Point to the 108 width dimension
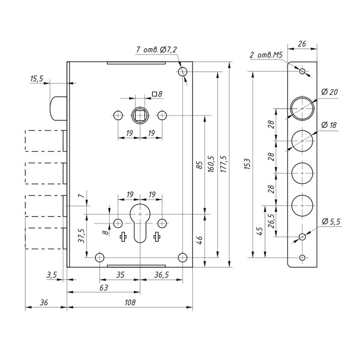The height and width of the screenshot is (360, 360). pyautogui.click(x=129, y=303)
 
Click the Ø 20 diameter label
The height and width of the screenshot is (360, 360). pyautogui.click(x=329, y=92)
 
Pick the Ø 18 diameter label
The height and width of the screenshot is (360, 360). pyautogui.click(x=329, y=125)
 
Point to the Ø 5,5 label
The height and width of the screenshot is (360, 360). pyautogui.click(x=331, y=220)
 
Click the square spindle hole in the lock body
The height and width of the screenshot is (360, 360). pyautogui.click(x=140, y=115)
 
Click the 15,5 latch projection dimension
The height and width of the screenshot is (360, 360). pyautogui.click(x=37, y=79)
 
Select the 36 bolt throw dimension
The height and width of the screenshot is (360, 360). pyautogui.click(x=44, y=303)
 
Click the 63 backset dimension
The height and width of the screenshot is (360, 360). pyautogui.click(x=103, y=288)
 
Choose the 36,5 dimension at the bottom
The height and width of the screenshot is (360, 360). pyautogui.click(x=161, y=275)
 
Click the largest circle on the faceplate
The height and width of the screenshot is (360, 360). pyautogui.click(x=302, y=108)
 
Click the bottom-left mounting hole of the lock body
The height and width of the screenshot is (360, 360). pyautogui.click(x=99, y=257)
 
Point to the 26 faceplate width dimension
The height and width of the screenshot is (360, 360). pyautogui.click(x=302, y=45)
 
